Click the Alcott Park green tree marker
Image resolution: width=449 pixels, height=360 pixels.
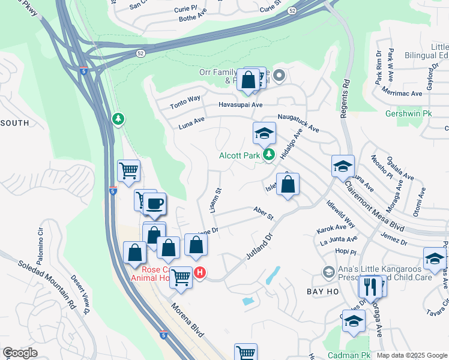pos(269,155)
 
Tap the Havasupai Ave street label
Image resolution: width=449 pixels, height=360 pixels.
pos(240,105)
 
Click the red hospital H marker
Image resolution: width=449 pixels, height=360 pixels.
pos(200,273)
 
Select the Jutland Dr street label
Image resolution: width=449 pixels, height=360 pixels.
pos(259,246)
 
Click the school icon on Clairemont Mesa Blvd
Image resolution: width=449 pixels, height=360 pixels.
pos(343,166)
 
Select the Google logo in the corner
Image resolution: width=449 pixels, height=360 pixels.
pos(20,352)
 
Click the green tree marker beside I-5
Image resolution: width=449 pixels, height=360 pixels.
pos(119,119)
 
